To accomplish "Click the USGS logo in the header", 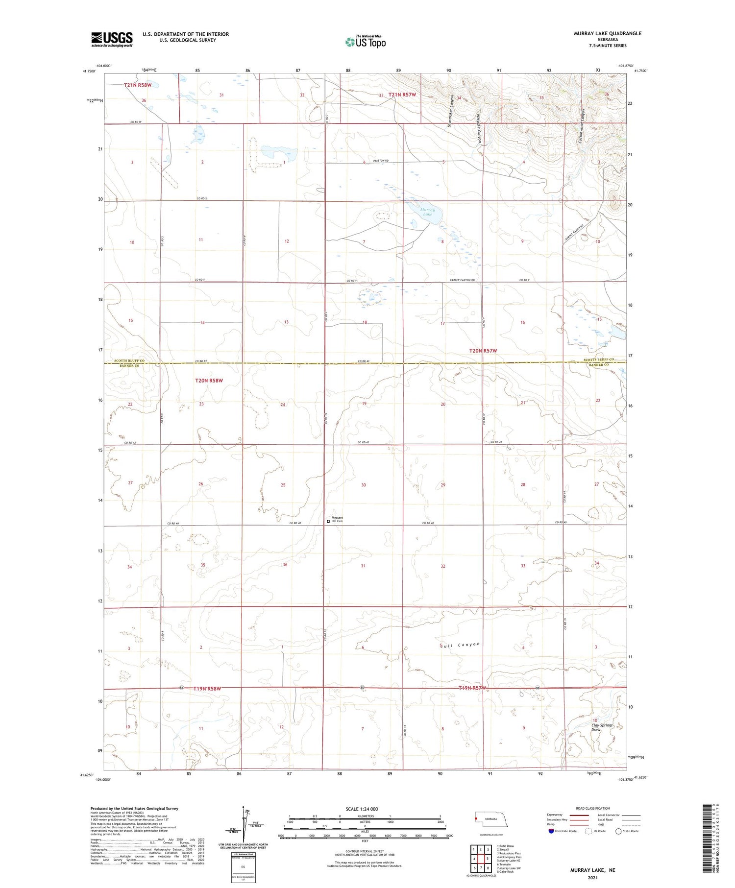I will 112,39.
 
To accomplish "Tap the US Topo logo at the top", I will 366,42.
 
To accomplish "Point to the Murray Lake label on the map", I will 428,212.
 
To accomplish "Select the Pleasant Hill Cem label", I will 338,520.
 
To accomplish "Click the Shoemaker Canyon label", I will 449,111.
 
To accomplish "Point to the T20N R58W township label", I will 209,381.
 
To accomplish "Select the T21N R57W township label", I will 402,95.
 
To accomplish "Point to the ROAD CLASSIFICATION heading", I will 593,808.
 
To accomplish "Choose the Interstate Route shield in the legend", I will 551,831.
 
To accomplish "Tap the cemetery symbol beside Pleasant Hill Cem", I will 328,522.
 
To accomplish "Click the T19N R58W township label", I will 207,689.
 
